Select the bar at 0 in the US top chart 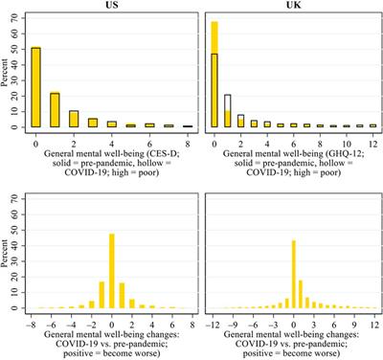point(35,87)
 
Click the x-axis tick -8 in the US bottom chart point(35,324)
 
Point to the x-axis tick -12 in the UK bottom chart point(214,324)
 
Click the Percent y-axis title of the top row point(7,72)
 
